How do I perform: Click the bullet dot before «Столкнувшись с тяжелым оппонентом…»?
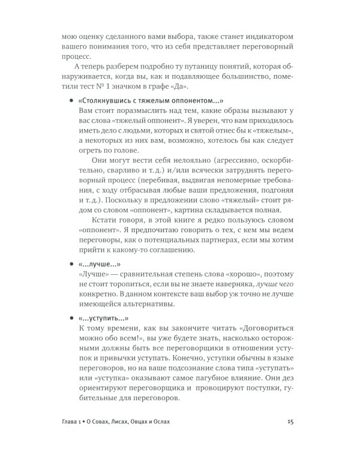[x=71, y=101]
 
